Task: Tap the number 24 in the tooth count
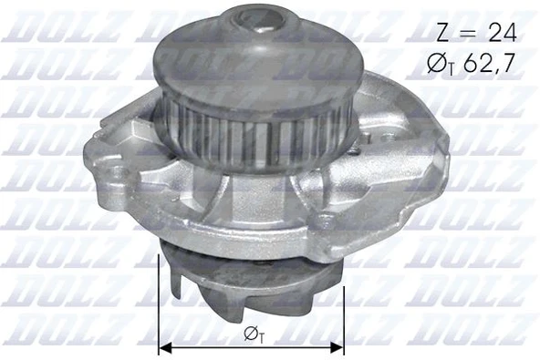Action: click(x=500, y=33)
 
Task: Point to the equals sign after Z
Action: click(x=468, y=34)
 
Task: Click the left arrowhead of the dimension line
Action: click(x=163, y=347)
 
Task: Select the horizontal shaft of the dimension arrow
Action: click(x=210, y=347)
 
